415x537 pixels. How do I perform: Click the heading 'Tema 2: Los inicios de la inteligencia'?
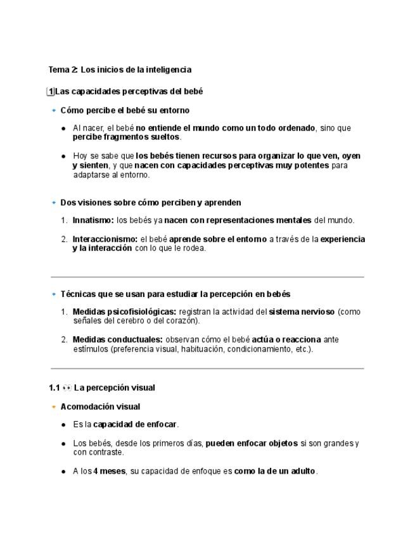click(120, 70)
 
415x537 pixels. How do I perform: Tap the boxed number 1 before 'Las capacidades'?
click(51, 92)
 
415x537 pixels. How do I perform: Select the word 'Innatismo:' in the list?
click(93, 220)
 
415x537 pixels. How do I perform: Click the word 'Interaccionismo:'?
click(105, 239)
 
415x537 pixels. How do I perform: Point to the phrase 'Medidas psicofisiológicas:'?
click(124, 312)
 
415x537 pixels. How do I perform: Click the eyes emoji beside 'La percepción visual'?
click(67, 388)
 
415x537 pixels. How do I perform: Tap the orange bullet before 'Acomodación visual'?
click(54, 407)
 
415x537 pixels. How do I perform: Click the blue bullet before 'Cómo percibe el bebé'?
click(54, 110)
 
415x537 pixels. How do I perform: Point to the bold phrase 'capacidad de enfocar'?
click(135, 424)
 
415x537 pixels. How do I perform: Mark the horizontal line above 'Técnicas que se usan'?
click(207, 277)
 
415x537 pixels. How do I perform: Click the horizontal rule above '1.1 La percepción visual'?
click(207, 368)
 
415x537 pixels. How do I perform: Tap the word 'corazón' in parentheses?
click(182, 321)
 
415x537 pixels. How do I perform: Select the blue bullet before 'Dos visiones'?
click(54, 203)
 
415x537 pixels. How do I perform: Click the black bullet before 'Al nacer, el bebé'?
click(63, 129)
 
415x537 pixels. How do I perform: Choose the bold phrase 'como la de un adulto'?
click(275, 471)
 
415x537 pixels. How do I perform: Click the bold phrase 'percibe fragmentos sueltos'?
click(126, 137)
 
